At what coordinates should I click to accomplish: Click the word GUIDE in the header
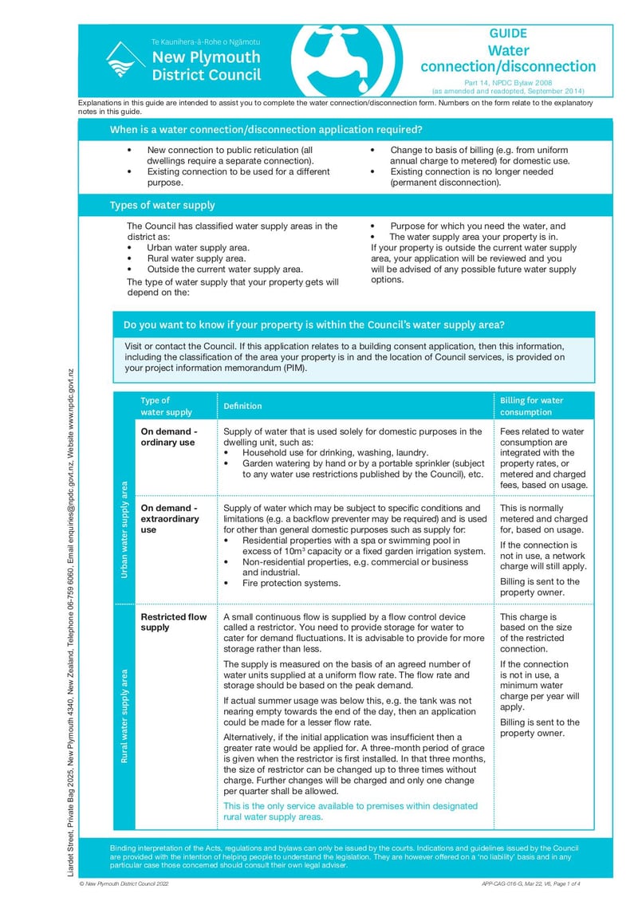(x=508, y=34)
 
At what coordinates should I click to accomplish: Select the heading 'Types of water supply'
(x=162, y=206)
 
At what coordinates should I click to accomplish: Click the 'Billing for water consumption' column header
(x=531, y=406)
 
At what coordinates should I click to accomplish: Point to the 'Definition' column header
(x=242, y=406)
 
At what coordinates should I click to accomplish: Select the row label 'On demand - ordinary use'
(x=168, y=437)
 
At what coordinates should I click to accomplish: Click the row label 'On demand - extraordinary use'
(x=170, y=518)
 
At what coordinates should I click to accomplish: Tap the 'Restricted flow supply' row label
(x=173, y=622)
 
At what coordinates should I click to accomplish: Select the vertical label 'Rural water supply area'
(x=124, y=716)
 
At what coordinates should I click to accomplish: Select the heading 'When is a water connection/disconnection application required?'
(x=266, y=129)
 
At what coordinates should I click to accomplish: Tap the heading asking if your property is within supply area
(x=313, y=325)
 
